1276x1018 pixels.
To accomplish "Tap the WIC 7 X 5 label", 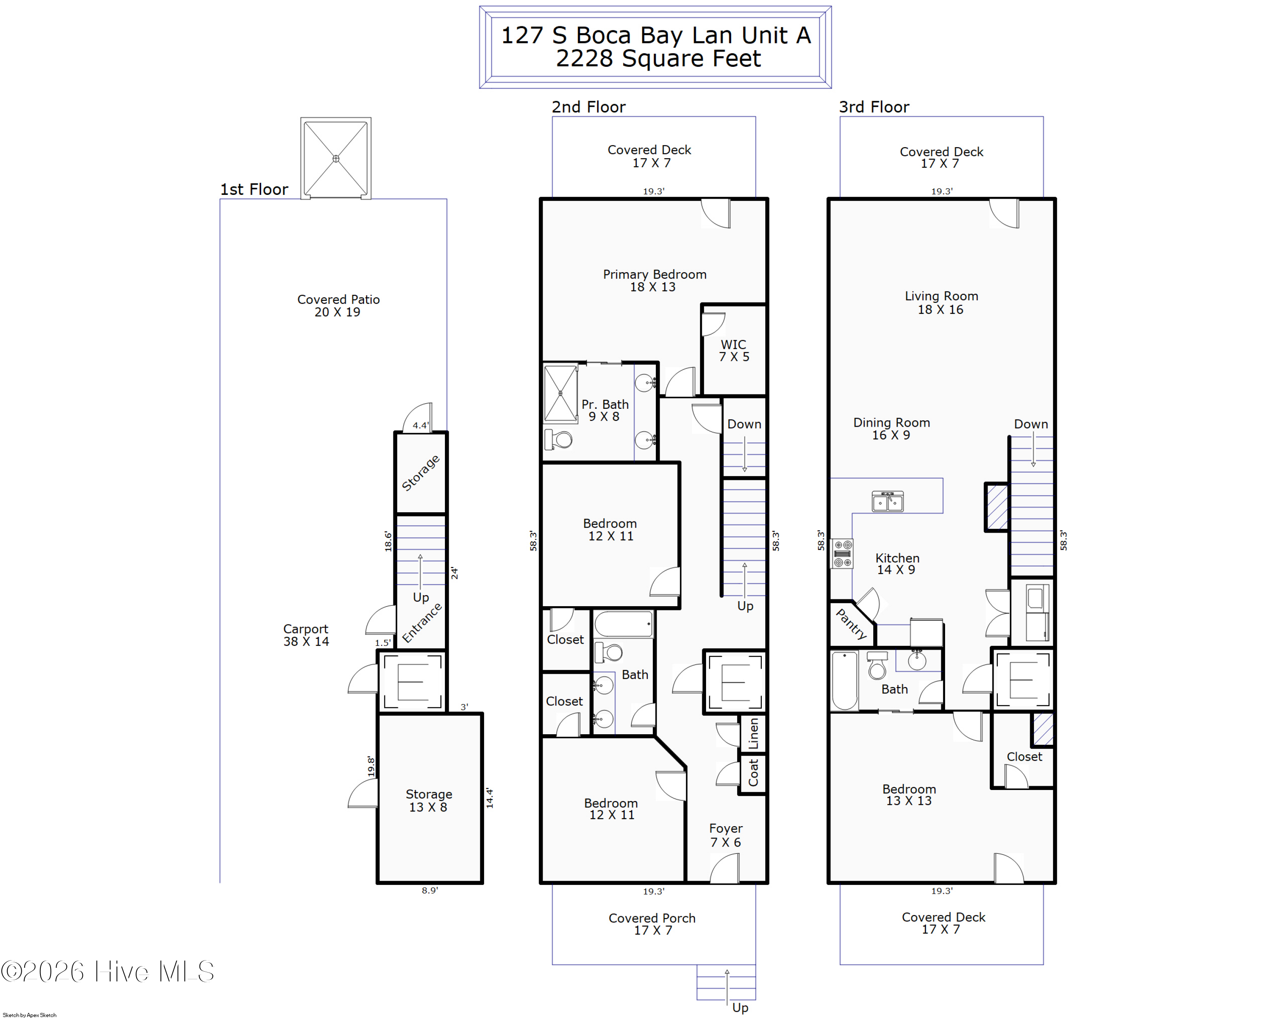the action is (733, 351).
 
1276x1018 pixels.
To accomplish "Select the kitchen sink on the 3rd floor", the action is (887, 501).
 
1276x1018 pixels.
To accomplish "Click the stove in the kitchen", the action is (842, 553).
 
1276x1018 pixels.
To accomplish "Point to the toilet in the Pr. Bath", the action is (559, 440).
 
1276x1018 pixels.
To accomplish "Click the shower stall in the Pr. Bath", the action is (560, 394).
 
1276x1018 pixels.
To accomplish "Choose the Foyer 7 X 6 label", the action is (726, 835).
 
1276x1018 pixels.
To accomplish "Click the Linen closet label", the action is (753, 734).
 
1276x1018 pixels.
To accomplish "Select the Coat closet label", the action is (753, 773).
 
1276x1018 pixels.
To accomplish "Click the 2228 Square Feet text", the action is (658, 59).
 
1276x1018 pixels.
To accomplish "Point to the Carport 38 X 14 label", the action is (306, 635).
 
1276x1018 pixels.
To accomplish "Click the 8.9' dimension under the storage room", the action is (430, 890).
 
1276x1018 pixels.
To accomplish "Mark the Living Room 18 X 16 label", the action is (941, 302).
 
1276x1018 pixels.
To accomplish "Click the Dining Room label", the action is (891, 422).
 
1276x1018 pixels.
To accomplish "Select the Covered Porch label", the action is (652, 918).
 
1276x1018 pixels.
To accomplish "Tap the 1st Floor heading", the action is (254, 189).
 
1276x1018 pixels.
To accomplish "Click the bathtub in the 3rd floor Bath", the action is (845, 681).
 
